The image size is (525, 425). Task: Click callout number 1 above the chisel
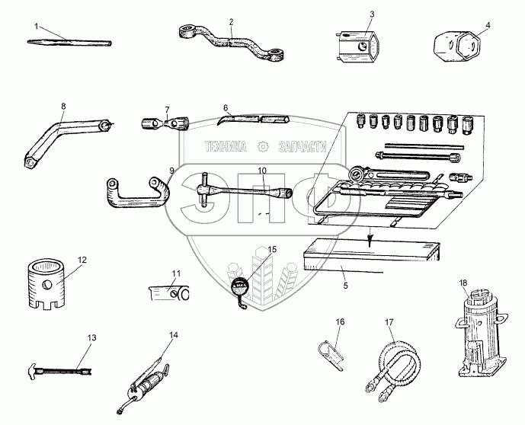(x=35, y=26)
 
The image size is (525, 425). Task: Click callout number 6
(x=226, y=108)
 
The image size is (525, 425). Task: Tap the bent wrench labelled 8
(x=61, y=136)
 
